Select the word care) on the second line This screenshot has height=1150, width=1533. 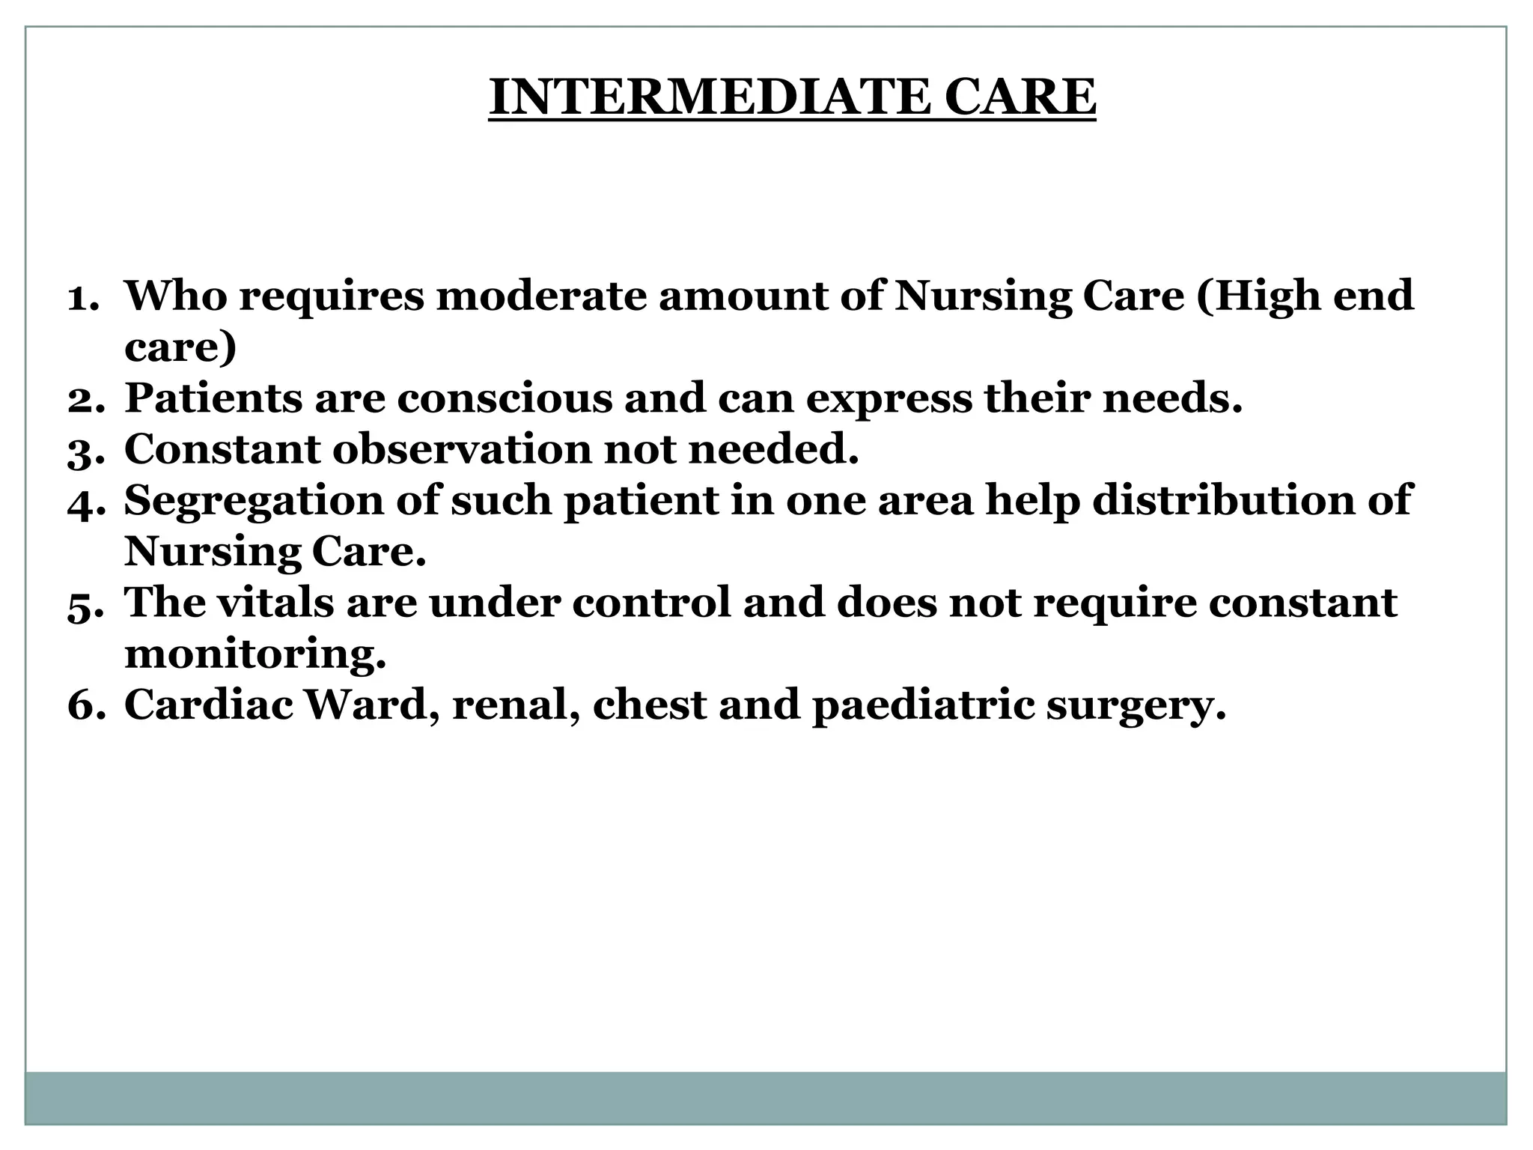(x=180, y=348)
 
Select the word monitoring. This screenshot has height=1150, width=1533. (x=255, y=655)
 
